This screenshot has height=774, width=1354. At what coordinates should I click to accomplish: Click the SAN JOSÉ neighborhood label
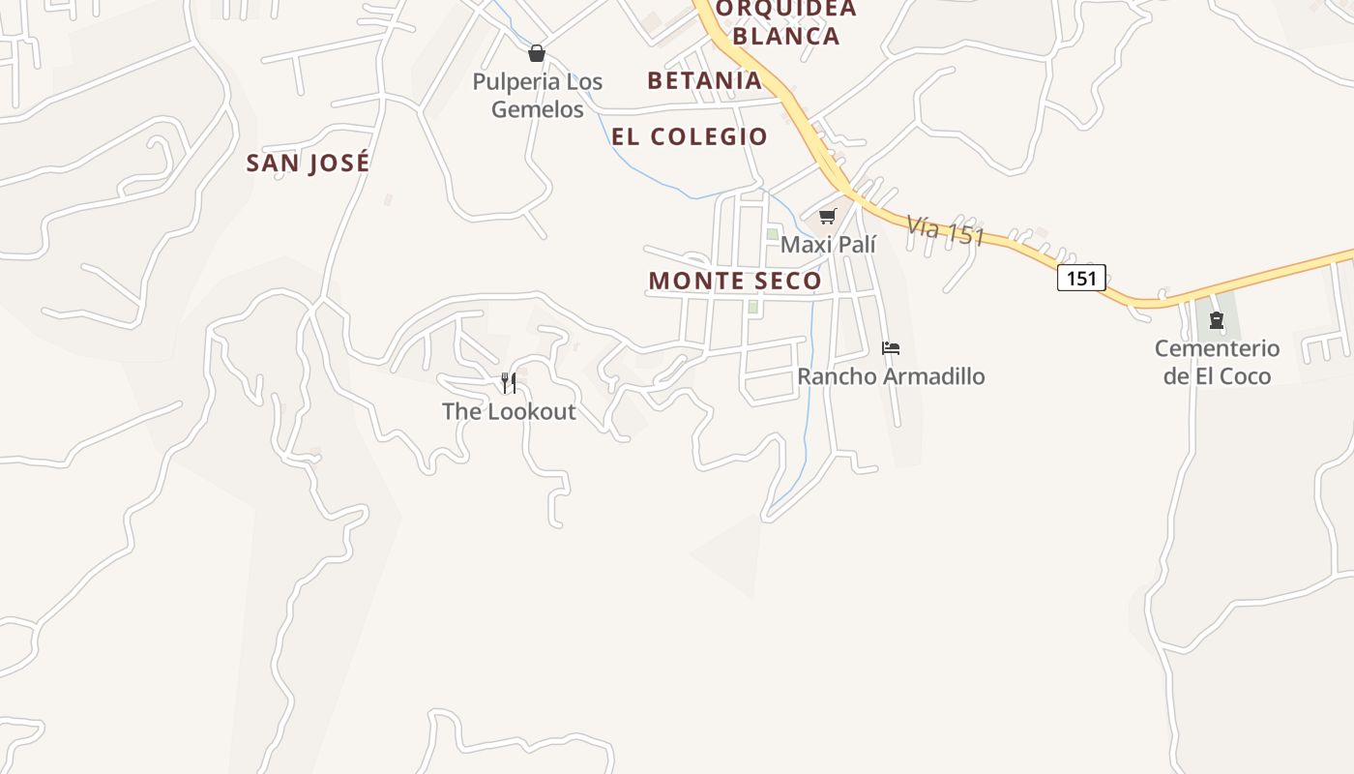308,163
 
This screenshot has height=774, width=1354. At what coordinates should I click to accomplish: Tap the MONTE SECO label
735,281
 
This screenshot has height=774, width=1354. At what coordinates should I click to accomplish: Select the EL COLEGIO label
690,136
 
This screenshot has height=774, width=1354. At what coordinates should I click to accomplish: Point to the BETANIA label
705,80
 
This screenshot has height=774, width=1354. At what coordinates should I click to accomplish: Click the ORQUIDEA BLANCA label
785,23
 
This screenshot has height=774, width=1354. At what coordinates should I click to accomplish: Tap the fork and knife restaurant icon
509,383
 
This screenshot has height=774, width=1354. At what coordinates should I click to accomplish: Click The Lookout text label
509,411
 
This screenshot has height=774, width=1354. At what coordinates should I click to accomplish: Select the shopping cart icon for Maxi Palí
827,217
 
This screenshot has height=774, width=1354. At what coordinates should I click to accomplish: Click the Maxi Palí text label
828,244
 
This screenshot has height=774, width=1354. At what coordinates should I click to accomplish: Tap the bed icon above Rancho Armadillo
891,348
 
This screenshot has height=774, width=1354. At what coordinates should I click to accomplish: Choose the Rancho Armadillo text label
891,376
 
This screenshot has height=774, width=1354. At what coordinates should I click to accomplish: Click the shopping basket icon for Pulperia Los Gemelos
537,53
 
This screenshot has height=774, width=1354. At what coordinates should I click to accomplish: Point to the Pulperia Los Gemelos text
538,95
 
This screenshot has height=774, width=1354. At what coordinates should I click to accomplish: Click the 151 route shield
1080,279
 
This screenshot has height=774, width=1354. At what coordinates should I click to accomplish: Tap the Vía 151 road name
945,230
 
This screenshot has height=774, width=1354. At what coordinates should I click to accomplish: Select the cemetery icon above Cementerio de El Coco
1217,320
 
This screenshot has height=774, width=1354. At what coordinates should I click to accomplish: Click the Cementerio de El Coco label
1217,362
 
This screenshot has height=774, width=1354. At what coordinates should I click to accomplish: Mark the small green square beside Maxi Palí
772,234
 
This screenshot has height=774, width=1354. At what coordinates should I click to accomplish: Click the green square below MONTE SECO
752,308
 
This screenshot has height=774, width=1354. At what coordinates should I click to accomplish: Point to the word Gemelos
538,109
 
